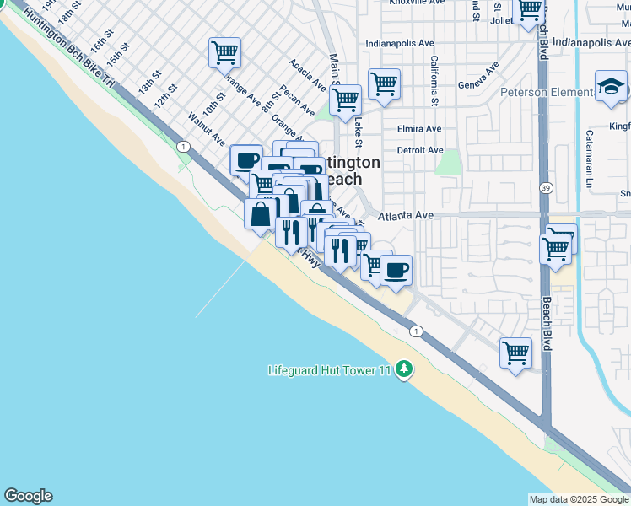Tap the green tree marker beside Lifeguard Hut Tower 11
(x=404, y=369)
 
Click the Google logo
(x=28, y=496)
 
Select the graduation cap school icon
(x=610, y=87)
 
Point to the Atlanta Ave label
(x=406, y=216)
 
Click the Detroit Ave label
(x=420, y=150)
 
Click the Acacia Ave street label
(x=307, y=74)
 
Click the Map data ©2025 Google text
(x=579, y=499)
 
